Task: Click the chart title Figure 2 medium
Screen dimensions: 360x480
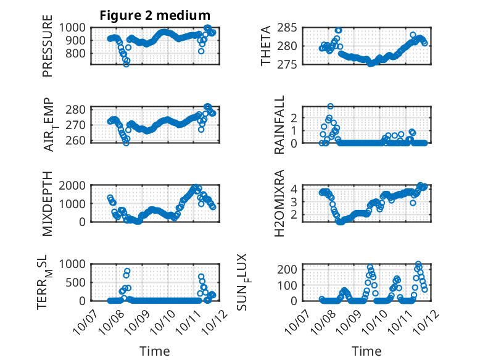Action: (155, 15)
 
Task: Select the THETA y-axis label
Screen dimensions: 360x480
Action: (266, 46)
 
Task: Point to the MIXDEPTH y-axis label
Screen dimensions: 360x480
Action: (48, 203)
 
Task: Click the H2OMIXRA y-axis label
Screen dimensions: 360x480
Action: (279, 203)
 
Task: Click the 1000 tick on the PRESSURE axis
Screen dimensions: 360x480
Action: (75, 28)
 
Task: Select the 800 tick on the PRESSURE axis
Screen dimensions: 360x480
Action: (78, 53)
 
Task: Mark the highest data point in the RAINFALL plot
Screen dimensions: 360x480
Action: (330, 106)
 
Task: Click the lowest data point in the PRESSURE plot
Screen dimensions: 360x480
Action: (126, 64)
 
